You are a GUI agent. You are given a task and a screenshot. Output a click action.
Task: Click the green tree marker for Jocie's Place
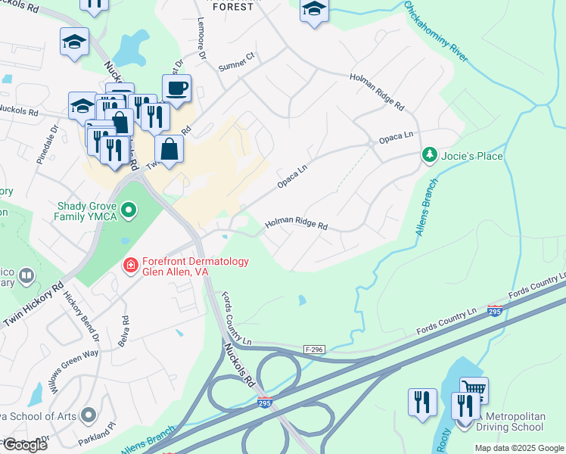point(429,155)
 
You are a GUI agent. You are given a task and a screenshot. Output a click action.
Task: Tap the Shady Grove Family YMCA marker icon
point(129,209)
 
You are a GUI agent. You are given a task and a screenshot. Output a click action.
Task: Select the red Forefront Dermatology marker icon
point(130,265)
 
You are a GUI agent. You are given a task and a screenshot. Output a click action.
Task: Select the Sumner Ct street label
point(238,58)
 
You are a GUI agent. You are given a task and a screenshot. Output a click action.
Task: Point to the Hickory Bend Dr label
point(81,312)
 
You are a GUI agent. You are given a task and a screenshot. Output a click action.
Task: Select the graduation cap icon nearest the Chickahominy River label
point(314,11)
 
